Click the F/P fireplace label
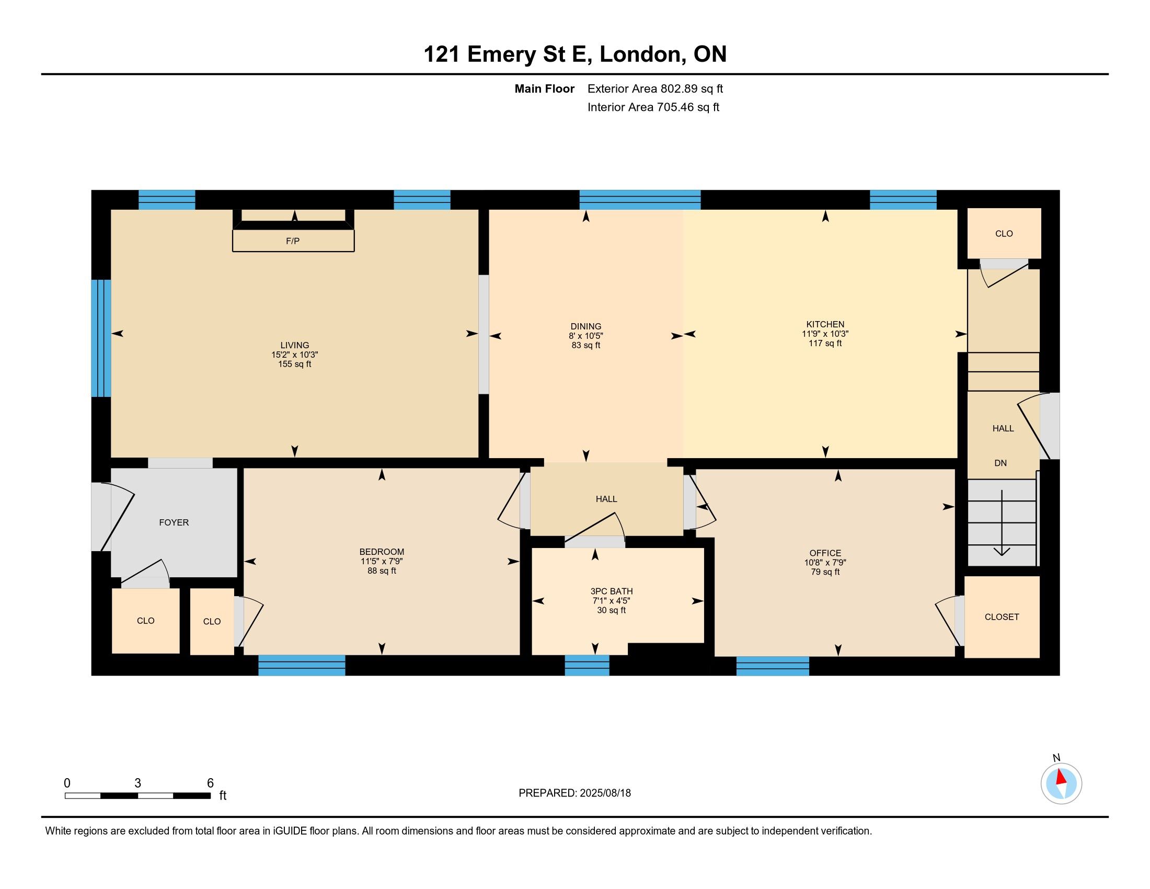tap(293, 241)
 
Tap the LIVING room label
tap(294, 346)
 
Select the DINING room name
tap(585, 326)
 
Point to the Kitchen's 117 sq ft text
tap(825, 344)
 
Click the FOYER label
tap(174, 522)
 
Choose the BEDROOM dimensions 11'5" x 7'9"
tap(382, 562)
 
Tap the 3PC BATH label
tap(612, 591)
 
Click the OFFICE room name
tap(825, 553)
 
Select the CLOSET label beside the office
tap(1002, 617)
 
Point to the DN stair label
tap(1000, 463)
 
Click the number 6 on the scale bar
tap(210, 783)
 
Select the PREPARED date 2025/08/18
tap(605, 793)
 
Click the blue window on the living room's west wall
tap(101, 338)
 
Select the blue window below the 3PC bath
tap(586, 665)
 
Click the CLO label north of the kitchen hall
tap(1004, 233)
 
